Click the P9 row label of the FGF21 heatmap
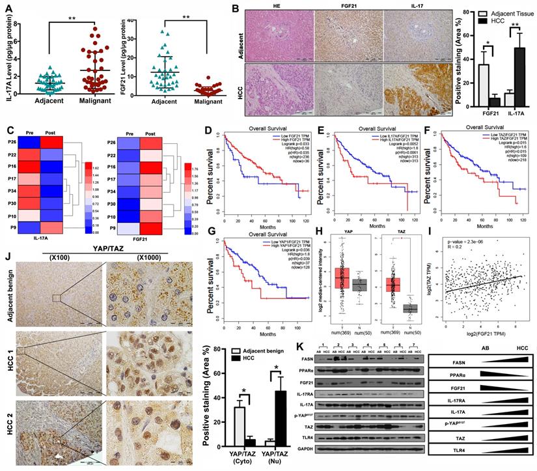coord(135,228)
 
